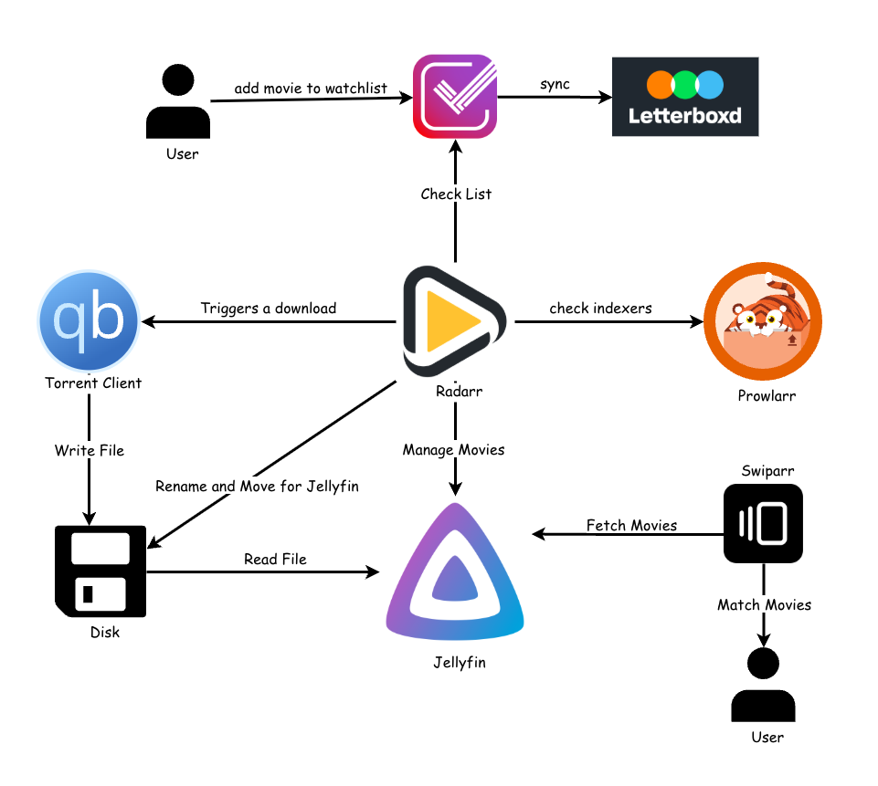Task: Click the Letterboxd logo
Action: click(x=684, y=97)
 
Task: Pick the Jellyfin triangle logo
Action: click(x=455, y=575)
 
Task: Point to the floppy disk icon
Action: click(x=100, y=571)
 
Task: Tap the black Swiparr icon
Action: click(x=763, y=523)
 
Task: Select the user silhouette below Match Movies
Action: click(x=763, y=685)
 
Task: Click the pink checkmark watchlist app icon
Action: click(x=455, y=97)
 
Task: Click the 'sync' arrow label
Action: click(x=555, y=84)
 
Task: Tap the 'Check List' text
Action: click(x=456, y=194)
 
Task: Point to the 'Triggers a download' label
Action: click(x=269, y=309)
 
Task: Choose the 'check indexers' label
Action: click(x=600, y=309)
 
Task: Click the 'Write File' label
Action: click(x=89, y=450)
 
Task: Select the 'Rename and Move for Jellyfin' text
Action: click(x=257, y=487)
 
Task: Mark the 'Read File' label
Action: click(x=275, y=559)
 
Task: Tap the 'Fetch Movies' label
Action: click(x=631, y=525)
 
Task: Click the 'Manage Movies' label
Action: click(x=453, y=450)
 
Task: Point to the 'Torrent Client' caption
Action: click(x=93, y=383)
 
